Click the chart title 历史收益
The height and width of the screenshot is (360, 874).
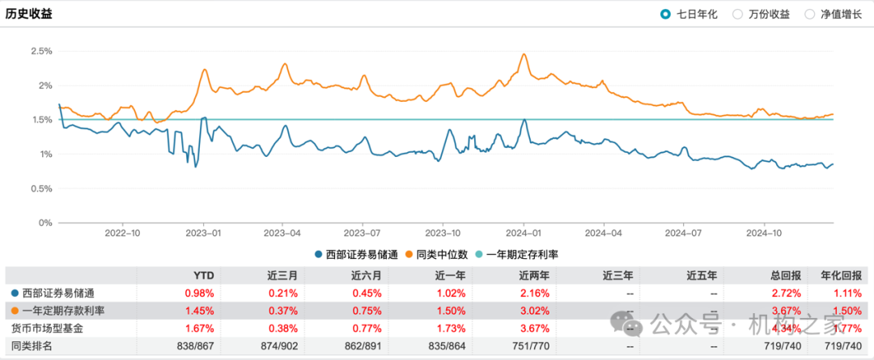pyautogui.click(x=29, y=14)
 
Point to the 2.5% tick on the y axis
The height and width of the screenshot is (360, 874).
pyautogui.click(x=41, y=51)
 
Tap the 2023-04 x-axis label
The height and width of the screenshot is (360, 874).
pyautogui.click(x=282, y=231)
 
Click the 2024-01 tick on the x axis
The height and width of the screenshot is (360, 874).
pyautogui.click(x=524, y=231)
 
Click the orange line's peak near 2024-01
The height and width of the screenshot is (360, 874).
pyautogui.click(x=524, y=54)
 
